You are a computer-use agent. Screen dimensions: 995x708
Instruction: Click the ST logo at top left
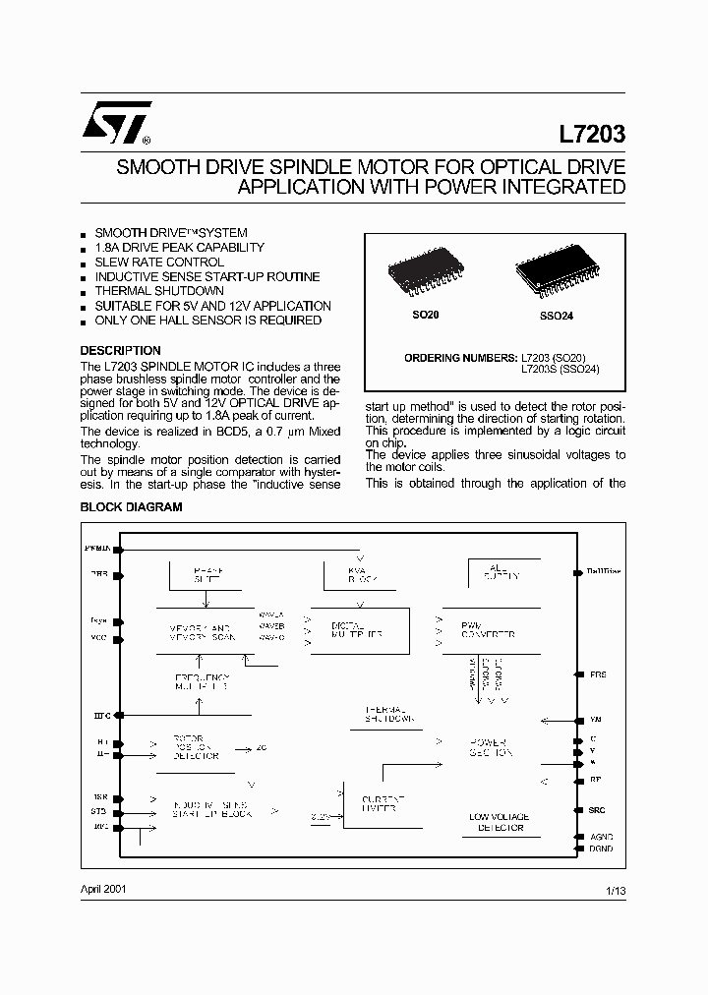coord(116,122)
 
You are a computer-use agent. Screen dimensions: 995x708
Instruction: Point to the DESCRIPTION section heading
coord(120,351)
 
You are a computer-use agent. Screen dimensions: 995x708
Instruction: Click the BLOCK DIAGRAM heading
coord(131,507)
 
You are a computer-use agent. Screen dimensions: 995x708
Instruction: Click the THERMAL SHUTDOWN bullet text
coord(159,291)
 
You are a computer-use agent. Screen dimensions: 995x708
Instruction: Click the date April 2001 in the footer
coord(102,889)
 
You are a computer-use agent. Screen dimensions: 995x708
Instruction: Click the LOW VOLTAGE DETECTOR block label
coord(500,822)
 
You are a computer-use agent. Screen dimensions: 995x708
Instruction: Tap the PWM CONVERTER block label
coord(489,630)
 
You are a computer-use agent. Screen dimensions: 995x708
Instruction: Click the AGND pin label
coord(601,836)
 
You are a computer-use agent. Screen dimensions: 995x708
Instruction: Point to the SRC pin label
coord(597,810)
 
